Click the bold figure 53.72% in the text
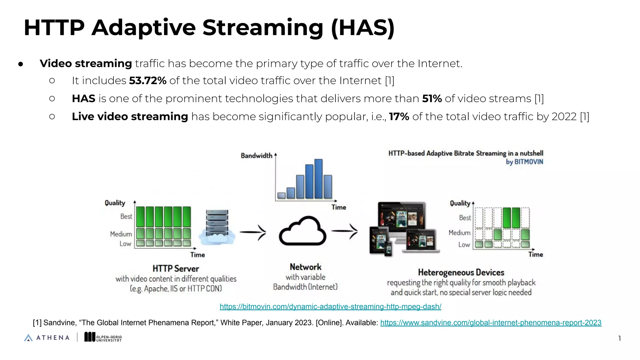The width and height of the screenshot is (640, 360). tap(147, 81)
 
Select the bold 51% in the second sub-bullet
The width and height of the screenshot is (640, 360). tap(432, 99)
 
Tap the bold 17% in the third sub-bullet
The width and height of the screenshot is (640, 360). tap(399, 117)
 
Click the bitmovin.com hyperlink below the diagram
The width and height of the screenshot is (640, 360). tap(330, 307)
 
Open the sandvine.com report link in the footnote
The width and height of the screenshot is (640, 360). tap(491, 323)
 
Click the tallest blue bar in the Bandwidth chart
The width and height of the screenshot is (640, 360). tap(318, 179)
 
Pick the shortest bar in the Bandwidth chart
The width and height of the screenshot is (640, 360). tap(281, 196)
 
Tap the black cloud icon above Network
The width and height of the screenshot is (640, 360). tap(302, 232)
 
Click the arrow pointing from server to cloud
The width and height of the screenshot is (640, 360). tap(253, 232)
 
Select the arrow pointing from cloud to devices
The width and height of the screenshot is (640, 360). tap(345, 231)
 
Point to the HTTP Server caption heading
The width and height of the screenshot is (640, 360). tap(176, 268)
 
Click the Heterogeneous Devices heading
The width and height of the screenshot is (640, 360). tap(461, 272)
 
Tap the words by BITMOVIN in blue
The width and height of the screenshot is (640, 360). tap(524, 162)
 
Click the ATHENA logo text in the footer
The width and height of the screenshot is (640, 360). tap(52, 338)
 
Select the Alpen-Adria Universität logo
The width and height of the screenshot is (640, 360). tap(103, 337)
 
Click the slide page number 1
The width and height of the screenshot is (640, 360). tap(619, 338)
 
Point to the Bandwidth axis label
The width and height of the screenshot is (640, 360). tap(256, 156)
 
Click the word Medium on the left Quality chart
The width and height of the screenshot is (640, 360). tap(121, 234)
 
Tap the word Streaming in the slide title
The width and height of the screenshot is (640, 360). tap(263, 28)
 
